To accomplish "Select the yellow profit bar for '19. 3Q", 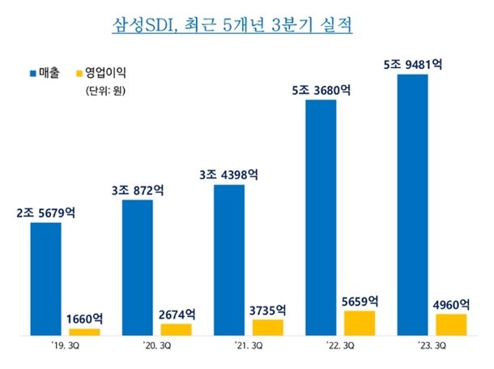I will point(84,332).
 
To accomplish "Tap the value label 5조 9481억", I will point(413,64).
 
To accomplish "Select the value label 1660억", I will point(84,319).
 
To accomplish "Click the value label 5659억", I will point(360,301).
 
